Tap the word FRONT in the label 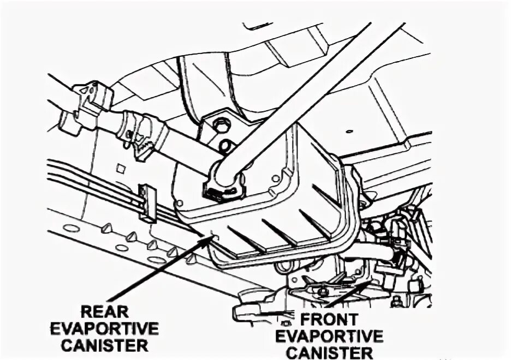[x=317, y=319]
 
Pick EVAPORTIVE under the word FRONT [x=329, y=335]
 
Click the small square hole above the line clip [x=120, y=169]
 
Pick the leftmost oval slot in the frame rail [x=71, y=228]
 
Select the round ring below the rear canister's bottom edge [x=284, y=267]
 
